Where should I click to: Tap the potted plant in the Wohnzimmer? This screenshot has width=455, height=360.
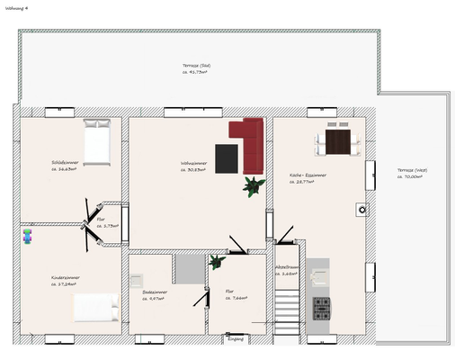(251, 185)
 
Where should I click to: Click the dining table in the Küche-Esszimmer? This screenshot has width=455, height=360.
(337, 141)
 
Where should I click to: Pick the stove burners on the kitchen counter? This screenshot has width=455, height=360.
(321, 309)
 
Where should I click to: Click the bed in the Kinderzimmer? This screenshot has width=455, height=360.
(95, 309)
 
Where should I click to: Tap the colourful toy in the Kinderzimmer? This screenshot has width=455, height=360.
(27, 236)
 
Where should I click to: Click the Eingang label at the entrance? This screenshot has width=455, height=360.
(236, 338)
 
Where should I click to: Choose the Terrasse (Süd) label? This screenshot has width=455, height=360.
(196, 67)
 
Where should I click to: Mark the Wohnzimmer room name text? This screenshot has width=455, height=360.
(193, 163)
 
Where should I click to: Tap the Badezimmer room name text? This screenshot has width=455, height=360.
(155, 292)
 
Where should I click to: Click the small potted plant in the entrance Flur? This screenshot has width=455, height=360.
(216, 262)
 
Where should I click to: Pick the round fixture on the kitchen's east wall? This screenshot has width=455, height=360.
(361, 209)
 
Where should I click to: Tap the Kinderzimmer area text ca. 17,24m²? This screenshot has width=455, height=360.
(66, 284)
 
